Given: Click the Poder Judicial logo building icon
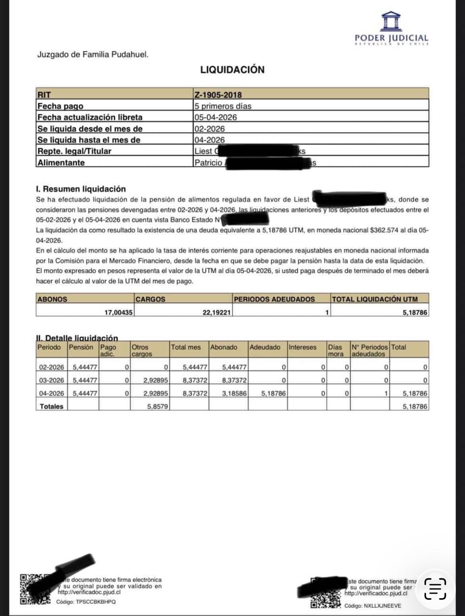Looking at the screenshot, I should [390, 21].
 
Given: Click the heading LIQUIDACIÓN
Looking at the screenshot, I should [232, 70].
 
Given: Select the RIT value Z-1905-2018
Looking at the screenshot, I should [218, 95].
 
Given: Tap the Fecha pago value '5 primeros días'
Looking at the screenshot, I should [223, 106].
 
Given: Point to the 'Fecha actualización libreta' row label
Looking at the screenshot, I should [90, 117].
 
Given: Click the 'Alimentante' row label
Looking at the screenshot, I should [61, 163].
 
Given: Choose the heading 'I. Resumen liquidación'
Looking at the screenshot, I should [80, 189].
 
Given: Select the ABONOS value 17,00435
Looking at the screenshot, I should [119, 312].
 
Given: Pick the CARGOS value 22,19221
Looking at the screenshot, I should [217, 312].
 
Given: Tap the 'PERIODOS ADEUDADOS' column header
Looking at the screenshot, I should [274, 299].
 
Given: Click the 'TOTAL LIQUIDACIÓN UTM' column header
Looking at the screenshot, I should [375, 299].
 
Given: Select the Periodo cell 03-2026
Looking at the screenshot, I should [51, 380].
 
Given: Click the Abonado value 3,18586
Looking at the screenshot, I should [234, 393].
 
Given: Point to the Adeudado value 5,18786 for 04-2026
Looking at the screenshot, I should [273, 393].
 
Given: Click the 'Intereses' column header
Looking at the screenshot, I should [302, 347].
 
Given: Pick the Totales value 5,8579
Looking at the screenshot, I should [158, 407].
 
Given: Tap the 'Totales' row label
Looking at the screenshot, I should [51, 407].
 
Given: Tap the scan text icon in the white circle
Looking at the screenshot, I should [435, 589].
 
